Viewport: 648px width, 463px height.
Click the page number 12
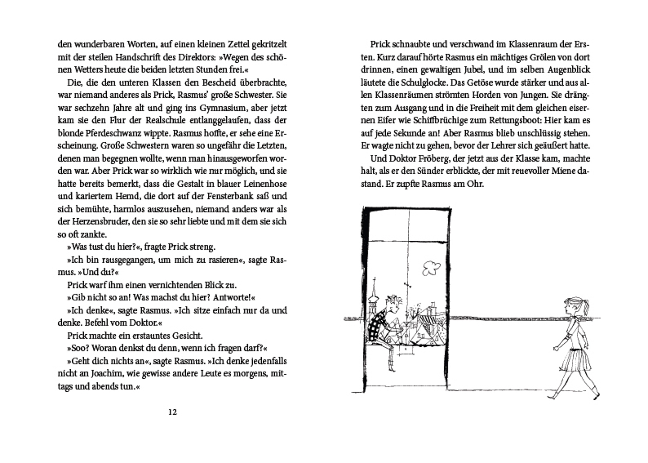click(172, 412)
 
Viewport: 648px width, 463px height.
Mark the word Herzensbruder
click(99, 221)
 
